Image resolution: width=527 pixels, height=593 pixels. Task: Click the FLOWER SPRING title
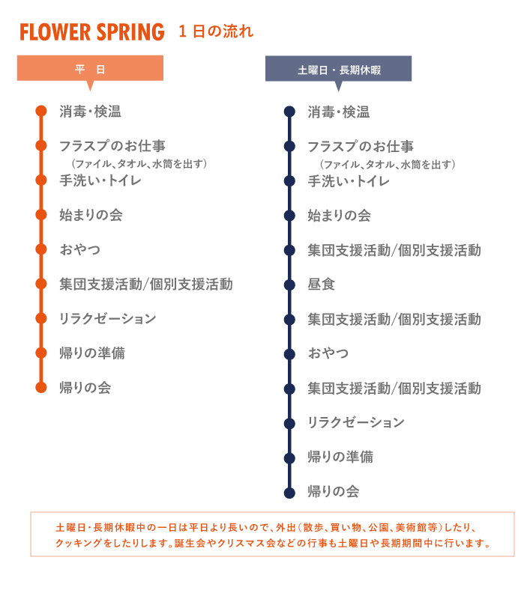(x=92, y=32)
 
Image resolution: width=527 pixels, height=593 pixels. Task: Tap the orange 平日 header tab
(x=90, y=70)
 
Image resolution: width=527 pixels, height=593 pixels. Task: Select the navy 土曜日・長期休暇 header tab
(x=339, y=70)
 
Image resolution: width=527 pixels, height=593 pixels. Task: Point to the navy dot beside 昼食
(x=289, y=285)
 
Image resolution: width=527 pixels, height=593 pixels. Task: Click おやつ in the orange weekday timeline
(x=80, y=249)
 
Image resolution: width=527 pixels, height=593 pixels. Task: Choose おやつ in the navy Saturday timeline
(x=328, y=353)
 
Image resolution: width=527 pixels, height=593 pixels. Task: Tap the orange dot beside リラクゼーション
(x=40, y=319)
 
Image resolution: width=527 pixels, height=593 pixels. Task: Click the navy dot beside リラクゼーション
(x=289, y=423)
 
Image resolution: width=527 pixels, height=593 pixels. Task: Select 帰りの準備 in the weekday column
(x=92, y=353)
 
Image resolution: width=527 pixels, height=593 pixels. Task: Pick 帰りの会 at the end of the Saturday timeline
(x=334, y=492)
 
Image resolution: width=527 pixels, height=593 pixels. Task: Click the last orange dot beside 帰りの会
(x=40, y=388)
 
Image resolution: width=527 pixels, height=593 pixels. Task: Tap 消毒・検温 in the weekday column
(x=90, y=112)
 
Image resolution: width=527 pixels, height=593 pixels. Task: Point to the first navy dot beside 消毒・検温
(x=289, y=112)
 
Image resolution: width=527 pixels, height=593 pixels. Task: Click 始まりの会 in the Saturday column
(x=339, y=216)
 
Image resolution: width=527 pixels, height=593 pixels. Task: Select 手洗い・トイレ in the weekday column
(x=100, y=180)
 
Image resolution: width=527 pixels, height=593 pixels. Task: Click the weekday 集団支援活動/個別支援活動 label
(x=146, y=285)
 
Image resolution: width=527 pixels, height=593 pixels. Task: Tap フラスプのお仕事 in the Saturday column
(x=361, y=147)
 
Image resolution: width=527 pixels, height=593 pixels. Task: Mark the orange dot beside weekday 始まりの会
(x=40, y=216)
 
